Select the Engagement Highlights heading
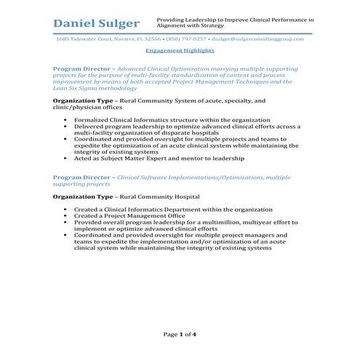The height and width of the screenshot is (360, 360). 180,51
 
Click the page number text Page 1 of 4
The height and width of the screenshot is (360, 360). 180,334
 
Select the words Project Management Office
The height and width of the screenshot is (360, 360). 134,216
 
